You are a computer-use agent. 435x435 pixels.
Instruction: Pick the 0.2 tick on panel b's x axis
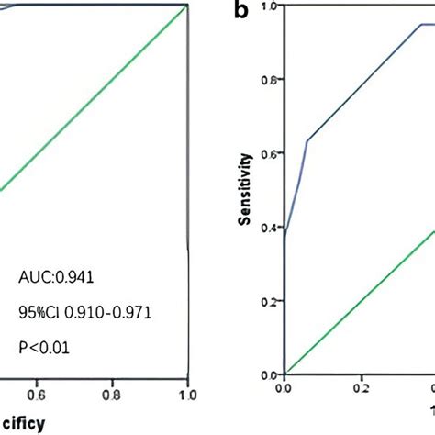pos(361,388)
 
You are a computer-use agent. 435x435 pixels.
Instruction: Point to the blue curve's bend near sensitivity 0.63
pos(307,140)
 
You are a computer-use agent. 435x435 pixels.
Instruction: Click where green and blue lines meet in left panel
pos(186,6)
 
